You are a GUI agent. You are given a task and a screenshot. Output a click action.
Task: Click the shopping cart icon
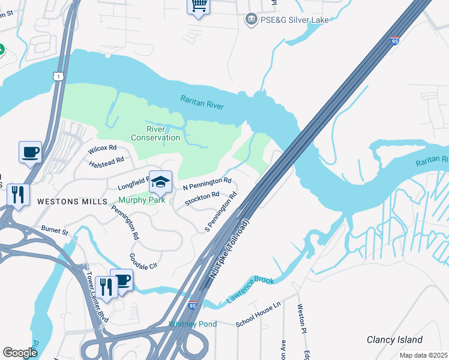pos(198,6)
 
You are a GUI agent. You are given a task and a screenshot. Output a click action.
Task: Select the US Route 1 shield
pos(57,76)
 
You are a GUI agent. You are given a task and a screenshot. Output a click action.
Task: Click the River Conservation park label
pos(155,133)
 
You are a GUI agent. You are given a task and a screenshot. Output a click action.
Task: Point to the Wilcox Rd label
pos(102,148)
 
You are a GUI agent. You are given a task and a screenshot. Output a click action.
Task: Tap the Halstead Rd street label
pos(106,161)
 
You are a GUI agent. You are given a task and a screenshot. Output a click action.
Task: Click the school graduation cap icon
pos(160,181)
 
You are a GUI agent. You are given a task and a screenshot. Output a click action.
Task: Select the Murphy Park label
pos(141,200)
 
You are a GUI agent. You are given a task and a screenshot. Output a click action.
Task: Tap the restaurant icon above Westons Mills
pos(18,194)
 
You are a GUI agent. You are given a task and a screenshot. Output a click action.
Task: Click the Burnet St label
pos(55,230)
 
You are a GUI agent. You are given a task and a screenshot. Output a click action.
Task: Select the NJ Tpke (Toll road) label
pos(229,248)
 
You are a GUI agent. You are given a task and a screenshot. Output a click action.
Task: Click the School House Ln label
pos(258,314)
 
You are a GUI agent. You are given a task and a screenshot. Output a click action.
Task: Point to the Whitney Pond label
pos(192,324)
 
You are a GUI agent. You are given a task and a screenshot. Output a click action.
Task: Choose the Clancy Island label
pos(394,340)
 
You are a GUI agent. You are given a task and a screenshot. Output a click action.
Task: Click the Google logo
pos(19,353)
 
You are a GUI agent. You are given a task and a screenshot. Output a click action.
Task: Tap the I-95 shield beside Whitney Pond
pos(193,305)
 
